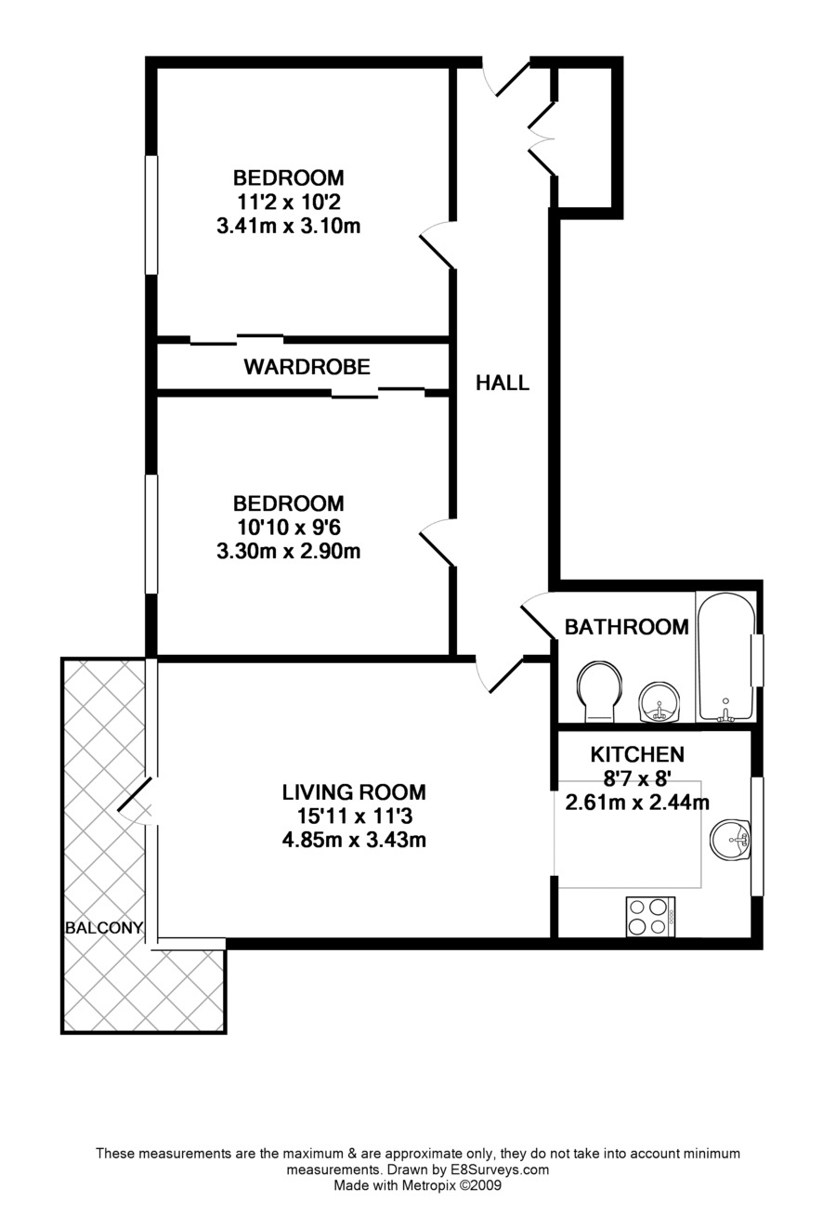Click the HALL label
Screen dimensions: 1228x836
(503, 383)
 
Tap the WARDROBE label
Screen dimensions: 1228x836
(307, 367)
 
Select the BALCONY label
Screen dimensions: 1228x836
(103, 927)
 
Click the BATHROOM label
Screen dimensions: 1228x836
(626, 627)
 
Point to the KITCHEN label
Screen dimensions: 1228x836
(637, 754)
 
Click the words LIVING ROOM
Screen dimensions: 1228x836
(354, 792)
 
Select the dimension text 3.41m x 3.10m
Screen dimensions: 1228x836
(288, 226)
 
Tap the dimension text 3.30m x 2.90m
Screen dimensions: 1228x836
(288, 552)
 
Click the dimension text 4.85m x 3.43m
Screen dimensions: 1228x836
(354, 841)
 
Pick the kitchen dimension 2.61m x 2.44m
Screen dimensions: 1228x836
(637, 803)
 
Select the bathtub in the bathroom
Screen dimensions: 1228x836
(726, 657)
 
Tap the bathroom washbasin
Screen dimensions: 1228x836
(660, 701)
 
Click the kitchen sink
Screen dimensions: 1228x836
(730, 841)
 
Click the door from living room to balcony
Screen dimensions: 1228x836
(137, 799)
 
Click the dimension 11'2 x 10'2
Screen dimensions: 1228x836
(288, 202)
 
